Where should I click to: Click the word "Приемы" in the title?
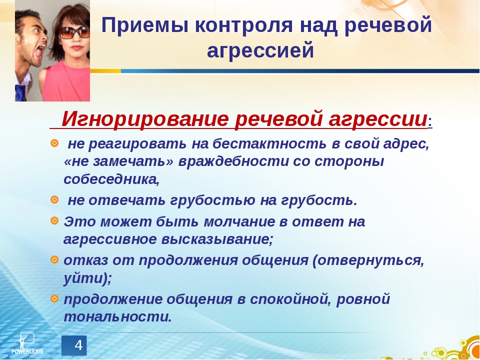[144, 25]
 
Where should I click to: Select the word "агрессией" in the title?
[260, 50]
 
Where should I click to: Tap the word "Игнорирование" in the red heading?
[145, 119]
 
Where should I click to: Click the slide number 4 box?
[74, 345]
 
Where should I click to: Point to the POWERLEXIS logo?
[27, 343]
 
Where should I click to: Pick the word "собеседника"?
[111, 179]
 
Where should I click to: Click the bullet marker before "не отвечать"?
[54, 200]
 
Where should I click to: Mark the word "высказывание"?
[216, 240]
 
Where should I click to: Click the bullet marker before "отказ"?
[54, 260]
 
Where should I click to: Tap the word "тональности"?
[117, 317]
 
